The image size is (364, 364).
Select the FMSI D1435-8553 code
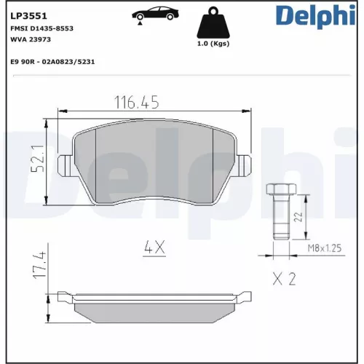41,28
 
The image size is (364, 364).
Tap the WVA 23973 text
31,39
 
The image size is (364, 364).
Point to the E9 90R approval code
52,63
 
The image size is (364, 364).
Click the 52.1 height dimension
38,159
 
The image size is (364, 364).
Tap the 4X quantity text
154,248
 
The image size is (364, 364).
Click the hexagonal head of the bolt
279,191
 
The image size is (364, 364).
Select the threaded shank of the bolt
279,218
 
